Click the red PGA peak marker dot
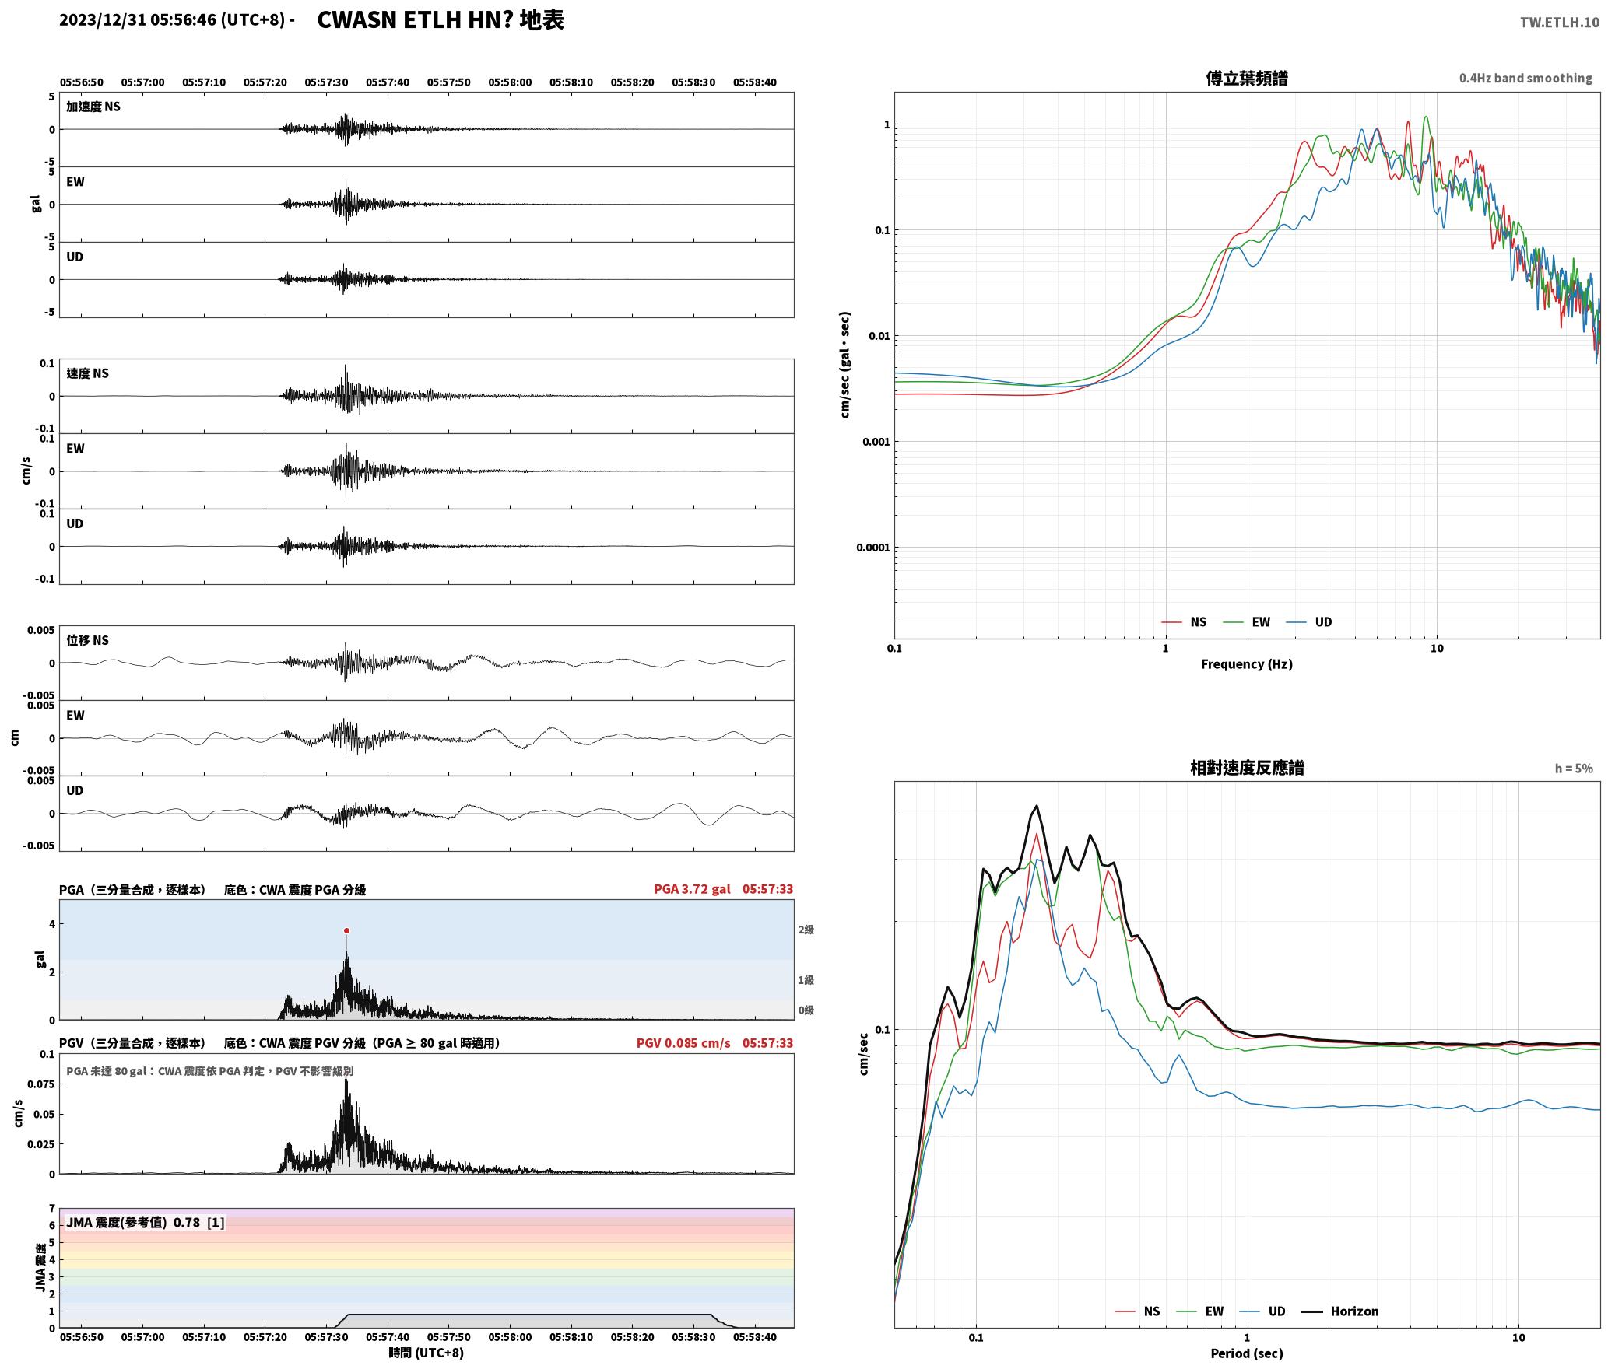click(346, 930)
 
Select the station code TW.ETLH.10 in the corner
click(1560, 23)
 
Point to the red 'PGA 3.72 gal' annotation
click(692, 889)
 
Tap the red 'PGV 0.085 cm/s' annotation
click(683, 1043)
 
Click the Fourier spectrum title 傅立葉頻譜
click(1247, 78)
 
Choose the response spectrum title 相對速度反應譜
click(1247, 768)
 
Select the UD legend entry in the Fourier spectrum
click(1309, 621)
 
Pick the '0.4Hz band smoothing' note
click(1525, 79)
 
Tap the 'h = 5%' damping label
click(1574, 769)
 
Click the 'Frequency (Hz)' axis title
click(1247, 663)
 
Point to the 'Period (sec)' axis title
click(1247, 1353)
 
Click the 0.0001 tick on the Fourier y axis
click(872, 548)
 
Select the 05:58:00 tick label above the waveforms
click(510, 82)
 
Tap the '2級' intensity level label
click(806, 930)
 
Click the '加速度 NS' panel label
click(93, 107)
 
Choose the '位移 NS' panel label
click(87, 640)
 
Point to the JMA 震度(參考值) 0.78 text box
click(146, 1222)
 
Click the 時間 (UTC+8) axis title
click(427, 1353)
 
